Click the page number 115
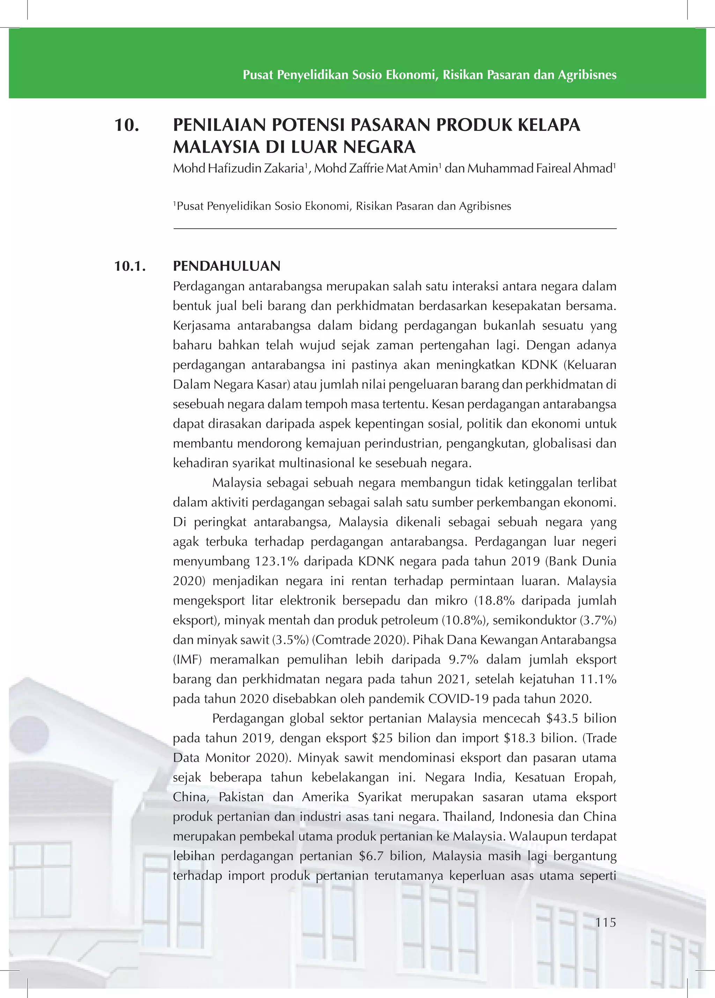(x=605, y=922)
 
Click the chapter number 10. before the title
(x=127, y=125)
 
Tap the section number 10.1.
(x=130, y=266)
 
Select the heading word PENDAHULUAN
(x=227, y=266)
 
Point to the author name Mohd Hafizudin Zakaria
(x=238, y=169)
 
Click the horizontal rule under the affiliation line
(x=395, y=229)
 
